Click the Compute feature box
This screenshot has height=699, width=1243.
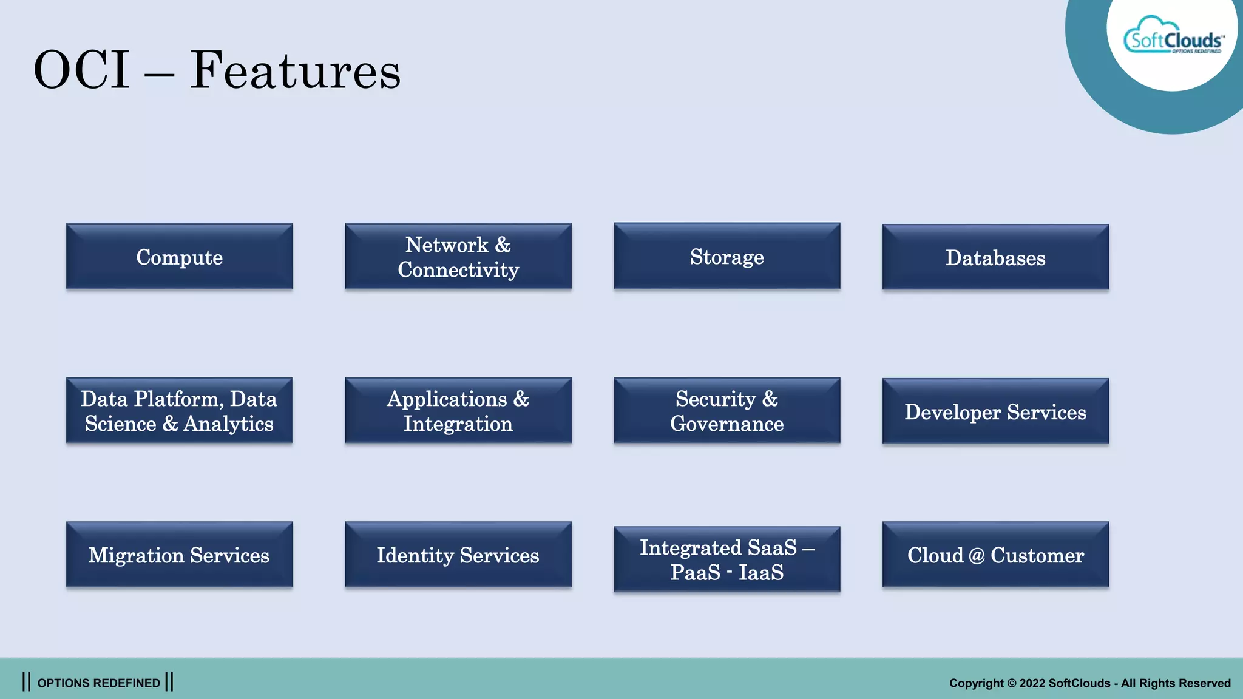[x=179, y=257]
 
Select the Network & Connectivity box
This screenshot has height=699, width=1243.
[x=458, y=257]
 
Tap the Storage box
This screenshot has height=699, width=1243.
[x=726, y=256]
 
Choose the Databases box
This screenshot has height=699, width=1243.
[x=995, y=257]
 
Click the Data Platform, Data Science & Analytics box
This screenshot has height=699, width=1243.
[x=179, y=411]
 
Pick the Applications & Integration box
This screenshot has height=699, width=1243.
[x=458, y=411]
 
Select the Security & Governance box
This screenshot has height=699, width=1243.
[x=726, y=411]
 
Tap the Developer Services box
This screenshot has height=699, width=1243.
[x=995, y=411]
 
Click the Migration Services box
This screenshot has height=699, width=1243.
[x=179, y=555]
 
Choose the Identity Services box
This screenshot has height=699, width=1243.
[x=458, y=555]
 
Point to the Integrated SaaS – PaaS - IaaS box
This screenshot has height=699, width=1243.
[x=726, y=559]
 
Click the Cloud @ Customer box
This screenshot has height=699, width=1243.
[x=995, y=555]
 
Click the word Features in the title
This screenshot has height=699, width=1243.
[x=295, y=70]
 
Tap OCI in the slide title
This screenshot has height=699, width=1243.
[x=81, y=70]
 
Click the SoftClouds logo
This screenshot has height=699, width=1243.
[x=1173, y=38]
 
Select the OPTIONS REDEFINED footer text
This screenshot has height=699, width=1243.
[x=98, y=683]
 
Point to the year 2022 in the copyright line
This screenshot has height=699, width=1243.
[x=1032, y=683]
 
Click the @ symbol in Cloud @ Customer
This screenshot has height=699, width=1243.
[x=977, y=556]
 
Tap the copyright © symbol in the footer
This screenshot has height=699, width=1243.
[x=1011, y=683]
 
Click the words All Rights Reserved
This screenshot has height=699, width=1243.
[x=1176, y=683]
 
